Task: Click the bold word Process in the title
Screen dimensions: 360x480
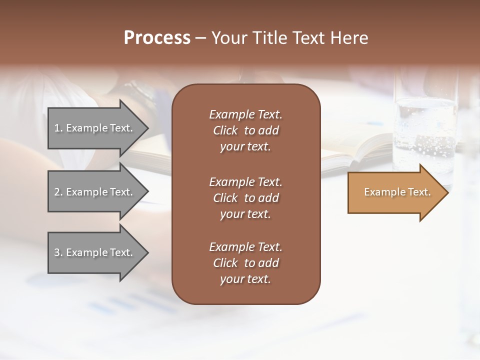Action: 157,38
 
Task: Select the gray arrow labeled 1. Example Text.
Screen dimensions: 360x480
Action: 95,128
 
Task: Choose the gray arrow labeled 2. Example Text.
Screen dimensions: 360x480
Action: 95,192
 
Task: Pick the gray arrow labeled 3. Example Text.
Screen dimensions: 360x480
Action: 95,252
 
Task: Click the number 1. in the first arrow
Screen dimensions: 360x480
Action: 58,128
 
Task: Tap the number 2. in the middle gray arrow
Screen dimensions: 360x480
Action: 58,192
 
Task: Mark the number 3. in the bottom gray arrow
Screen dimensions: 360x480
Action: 58,252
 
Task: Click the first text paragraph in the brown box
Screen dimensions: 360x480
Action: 245,130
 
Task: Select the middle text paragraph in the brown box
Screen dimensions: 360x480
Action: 245,198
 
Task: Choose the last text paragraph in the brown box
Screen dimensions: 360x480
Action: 245,263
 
